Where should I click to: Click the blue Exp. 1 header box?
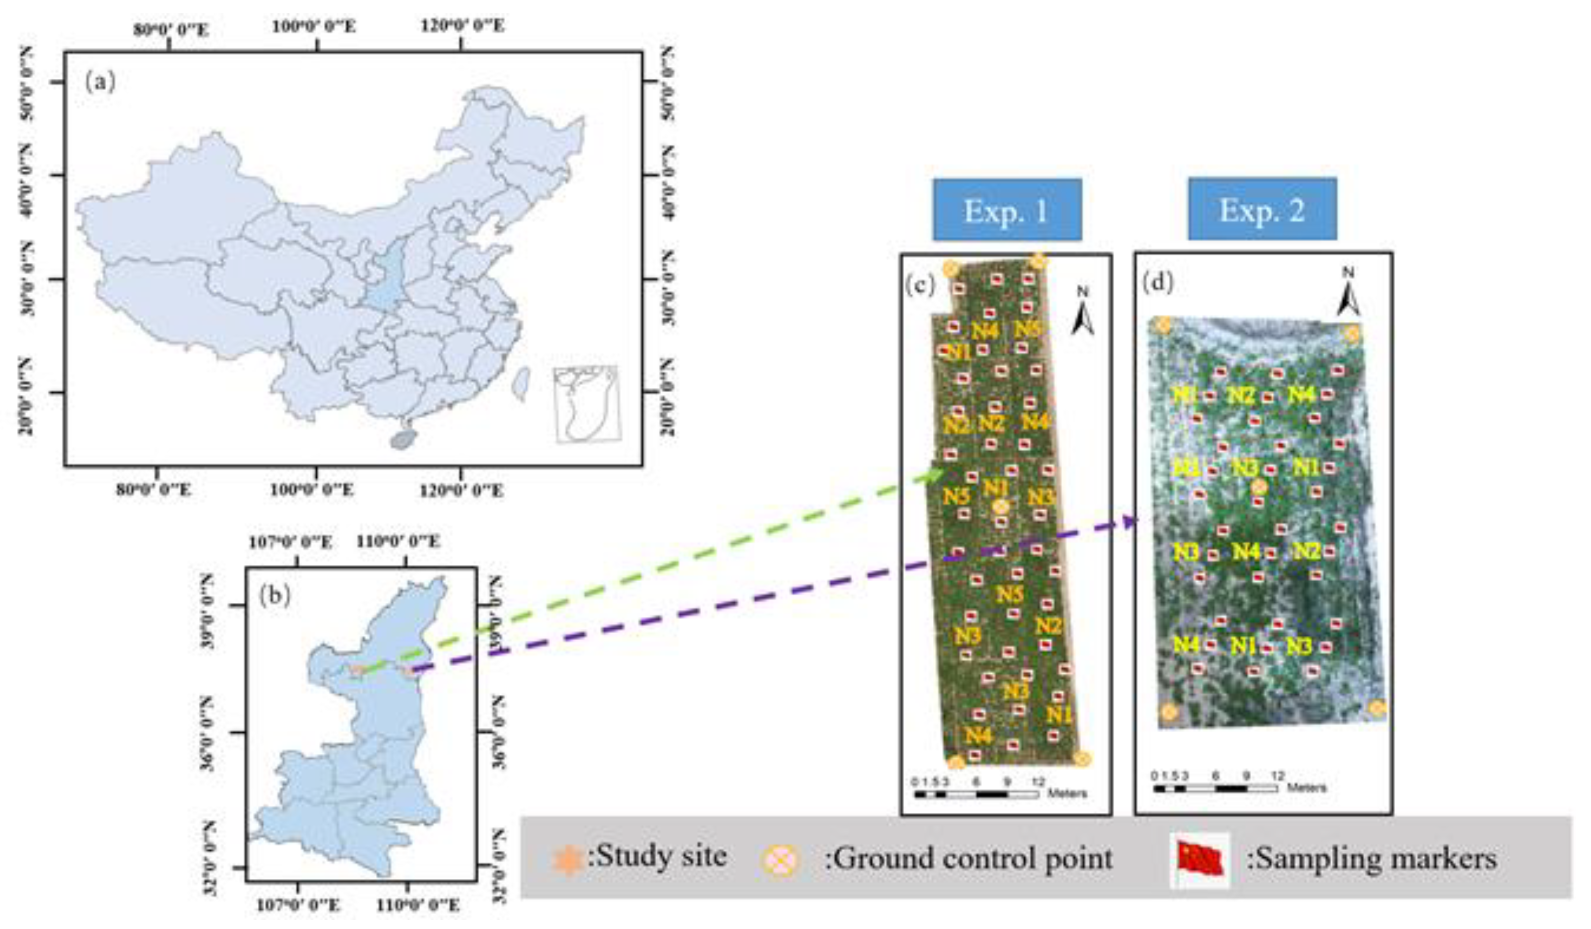point(1007,210)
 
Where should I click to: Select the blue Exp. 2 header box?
point(1261,209)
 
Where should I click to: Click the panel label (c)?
point(919,285)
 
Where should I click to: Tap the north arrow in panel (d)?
point(1348,294)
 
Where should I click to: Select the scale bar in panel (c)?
point(976,794)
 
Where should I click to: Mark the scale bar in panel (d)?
point(1215,788)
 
